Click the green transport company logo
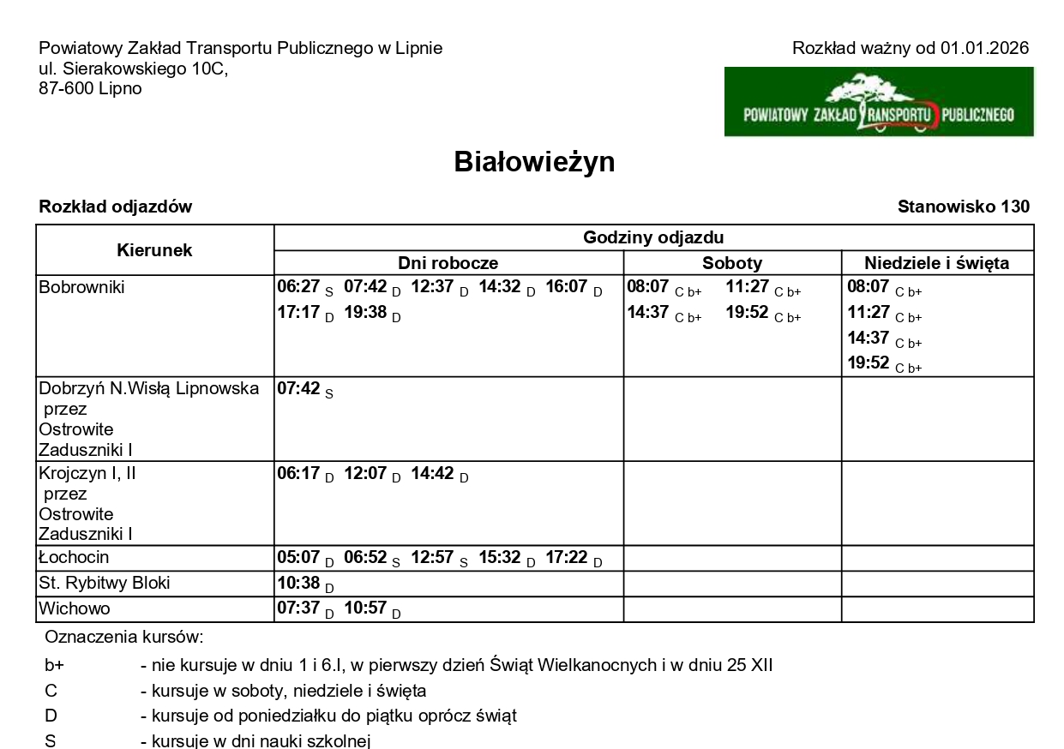pyautogui.click(x=879, y=102)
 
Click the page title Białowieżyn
pyautogui.click(x=534, y=162)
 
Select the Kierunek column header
pyautogui.click(x=154, y=250)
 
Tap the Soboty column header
pyautogui.click(x=732, y=263)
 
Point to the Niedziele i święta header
pyautogui.click(x=936, y=263)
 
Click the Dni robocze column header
pyautogui.click(x=448, y=263)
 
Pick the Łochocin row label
pyautogui.click(x=74, y=558)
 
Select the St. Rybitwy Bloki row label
pyautogui.click(x=105, y=584)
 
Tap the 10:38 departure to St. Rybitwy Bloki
pyautogui.click(x=298, y=584)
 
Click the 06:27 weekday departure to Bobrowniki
pyautogui.click(x=298, y=287)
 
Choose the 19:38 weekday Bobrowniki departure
pyautogui.click(x=365, y=312)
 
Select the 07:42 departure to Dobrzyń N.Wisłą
pyautogui.click(x=298, y=388)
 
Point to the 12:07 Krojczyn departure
pyautogui.click(x=365, y=473)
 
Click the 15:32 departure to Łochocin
pyautogui.click(x=500, y=558)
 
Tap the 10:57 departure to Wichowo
pyautogui.click(x=365, y=609)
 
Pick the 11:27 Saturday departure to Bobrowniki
pyautogui.click(x=748, y=287)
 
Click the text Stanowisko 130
pyautogui.click(x=963, y=207)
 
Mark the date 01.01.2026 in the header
pyautogui.click(x=984, y=48)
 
